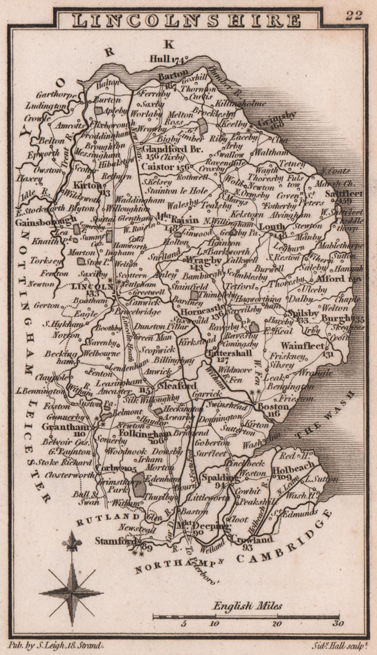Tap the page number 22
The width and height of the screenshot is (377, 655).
coord(354,15)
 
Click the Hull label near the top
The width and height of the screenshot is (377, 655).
coord(160,59)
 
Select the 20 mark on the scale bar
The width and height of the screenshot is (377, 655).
coord(277,624)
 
